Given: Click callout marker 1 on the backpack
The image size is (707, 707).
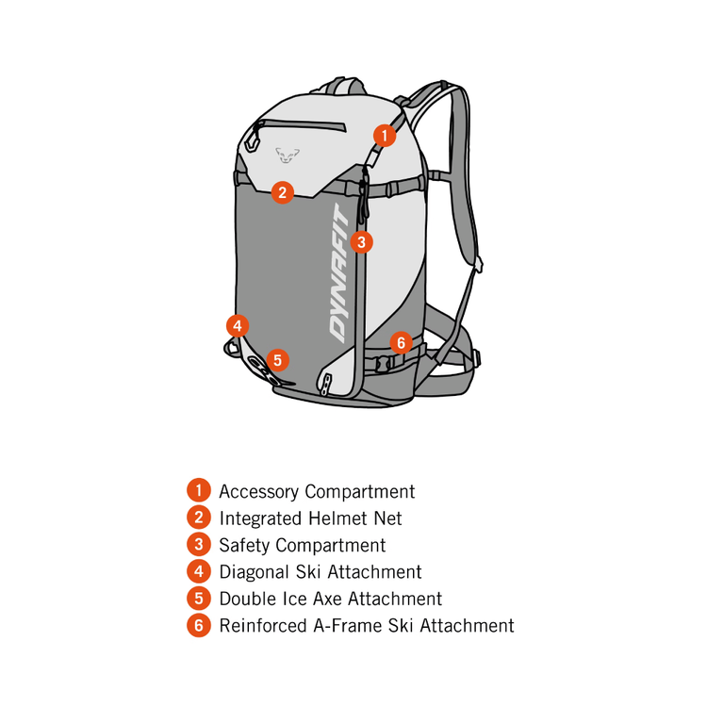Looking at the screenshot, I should tap(384, 135).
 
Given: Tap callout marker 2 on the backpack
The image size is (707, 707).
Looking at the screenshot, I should tap(282, 192).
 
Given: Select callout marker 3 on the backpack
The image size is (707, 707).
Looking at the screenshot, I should tap(362, 241).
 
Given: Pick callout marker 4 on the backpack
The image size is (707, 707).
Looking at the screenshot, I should tap(238, 326).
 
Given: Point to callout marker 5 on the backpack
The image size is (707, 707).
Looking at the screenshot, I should tap(276, 359).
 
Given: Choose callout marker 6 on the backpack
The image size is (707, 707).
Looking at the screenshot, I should tap(401, 342).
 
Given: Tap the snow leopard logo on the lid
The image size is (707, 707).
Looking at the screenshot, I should tap(286, 153).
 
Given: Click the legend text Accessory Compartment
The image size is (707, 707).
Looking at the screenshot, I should tap(317, 491).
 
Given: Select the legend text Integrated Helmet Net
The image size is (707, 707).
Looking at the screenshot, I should tap(310, 518).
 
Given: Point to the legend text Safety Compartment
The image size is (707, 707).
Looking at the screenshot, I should tap(302, 545).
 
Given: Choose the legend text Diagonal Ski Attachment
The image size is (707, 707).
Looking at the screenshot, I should tap(320, 571).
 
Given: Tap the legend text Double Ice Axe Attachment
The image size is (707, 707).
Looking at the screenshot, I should tap(330, 599).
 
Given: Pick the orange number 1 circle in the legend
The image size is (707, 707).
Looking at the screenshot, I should tap(198, 491).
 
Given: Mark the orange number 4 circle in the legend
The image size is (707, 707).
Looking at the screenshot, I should tap(198, 571).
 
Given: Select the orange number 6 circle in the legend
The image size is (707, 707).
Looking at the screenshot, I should tap(198, 625).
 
